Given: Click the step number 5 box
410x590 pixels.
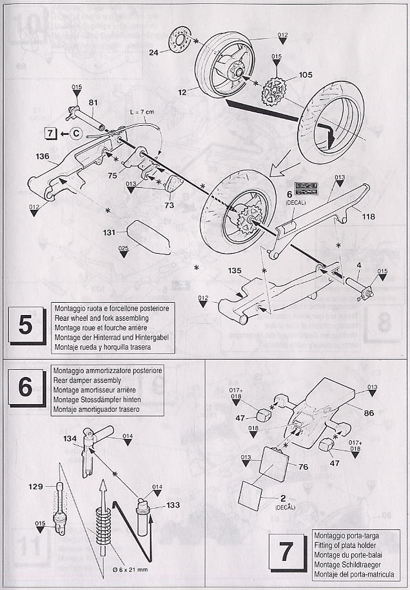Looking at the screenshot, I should [x=26, y=325].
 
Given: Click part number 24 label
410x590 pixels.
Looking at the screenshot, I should [x=153, y=53].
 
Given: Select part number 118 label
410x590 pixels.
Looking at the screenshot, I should [x=368, y=217].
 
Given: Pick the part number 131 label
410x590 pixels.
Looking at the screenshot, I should [x=110, y=232].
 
